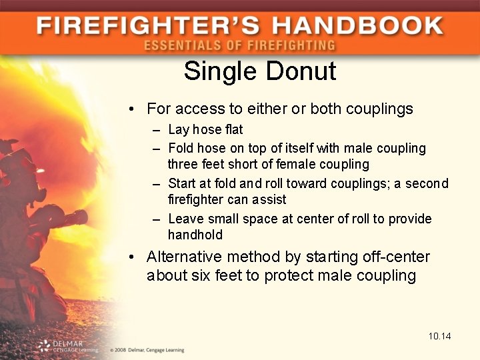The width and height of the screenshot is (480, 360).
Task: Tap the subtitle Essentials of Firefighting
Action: coord(239,46)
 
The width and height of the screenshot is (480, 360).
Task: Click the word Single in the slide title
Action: coord(218,71)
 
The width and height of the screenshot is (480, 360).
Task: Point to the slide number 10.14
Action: coord(440,336)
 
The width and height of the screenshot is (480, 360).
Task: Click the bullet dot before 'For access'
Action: coord(133,109)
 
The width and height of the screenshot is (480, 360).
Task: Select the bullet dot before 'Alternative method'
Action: coord(133,257)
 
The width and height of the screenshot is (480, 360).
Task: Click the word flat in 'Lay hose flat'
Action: coord(232,129)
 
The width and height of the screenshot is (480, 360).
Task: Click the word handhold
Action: coord(195,235)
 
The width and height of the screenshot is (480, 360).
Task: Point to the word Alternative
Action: coord(185,257)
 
